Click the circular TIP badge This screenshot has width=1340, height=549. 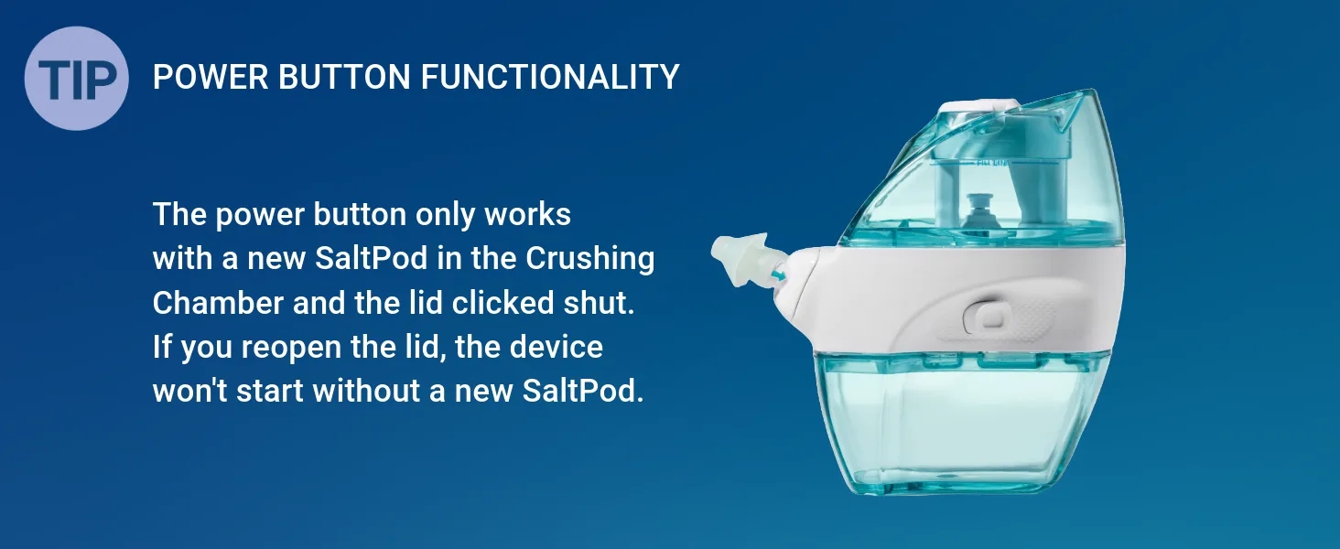[77, 79]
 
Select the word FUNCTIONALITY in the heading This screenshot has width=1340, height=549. [550, 77]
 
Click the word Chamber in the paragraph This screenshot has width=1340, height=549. [218, 303]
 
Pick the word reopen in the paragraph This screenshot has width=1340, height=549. [291, 348]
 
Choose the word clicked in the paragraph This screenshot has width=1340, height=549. [502, 303]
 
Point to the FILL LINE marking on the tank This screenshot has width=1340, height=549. [993, 163]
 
